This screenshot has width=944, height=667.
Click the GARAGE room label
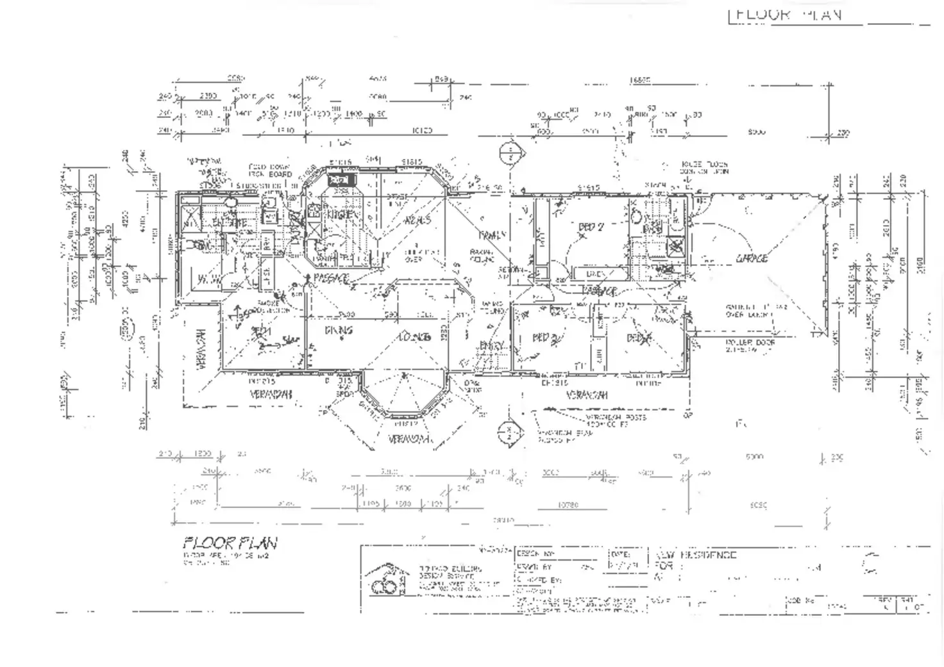751,258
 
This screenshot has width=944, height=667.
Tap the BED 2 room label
591,227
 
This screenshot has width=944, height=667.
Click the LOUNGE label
414,336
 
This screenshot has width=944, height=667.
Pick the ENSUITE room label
230,223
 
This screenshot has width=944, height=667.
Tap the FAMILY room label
492,235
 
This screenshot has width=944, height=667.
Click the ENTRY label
492,346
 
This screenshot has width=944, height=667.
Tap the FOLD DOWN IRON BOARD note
270,170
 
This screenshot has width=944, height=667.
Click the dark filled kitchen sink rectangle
338,181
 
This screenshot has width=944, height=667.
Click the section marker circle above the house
509,154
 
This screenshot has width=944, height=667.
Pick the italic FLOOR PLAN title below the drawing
230,543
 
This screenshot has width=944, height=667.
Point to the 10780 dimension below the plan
568,505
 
